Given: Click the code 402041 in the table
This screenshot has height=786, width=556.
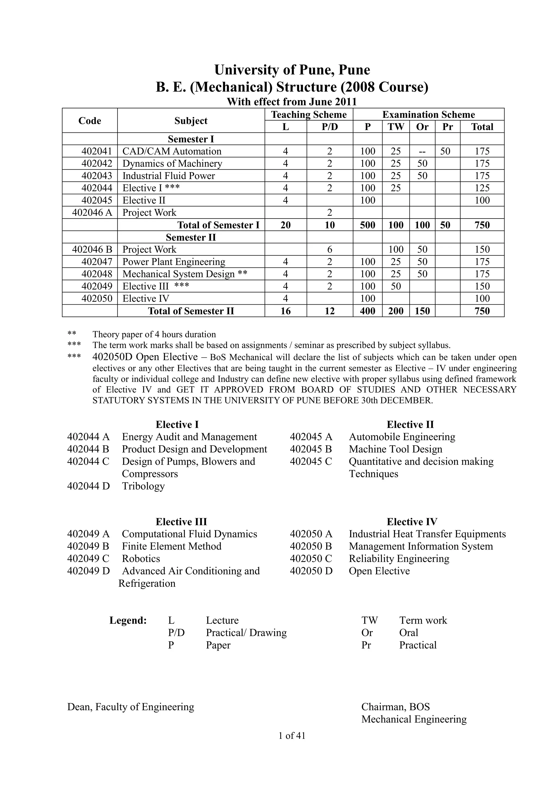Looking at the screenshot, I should click(x=97, y=151).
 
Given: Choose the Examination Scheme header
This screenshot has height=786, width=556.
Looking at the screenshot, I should click(x=428, y=114).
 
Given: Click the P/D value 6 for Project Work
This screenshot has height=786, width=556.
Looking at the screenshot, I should click(x=329, y=249).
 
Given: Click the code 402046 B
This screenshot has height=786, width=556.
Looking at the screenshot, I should click(x=92, y=249).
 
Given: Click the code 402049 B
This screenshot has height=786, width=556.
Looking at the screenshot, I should click(x=88, y=546).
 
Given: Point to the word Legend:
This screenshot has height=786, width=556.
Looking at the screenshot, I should click(x=128, y=620).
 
